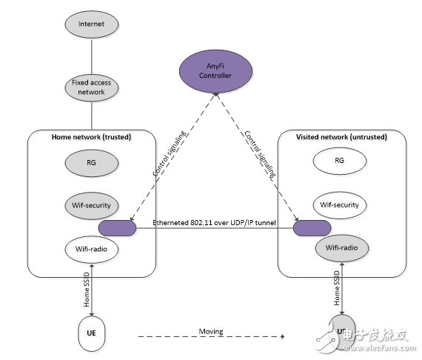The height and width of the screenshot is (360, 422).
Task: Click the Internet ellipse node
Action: (91, 24)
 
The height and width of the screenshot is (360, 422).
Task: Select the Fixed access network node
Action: (91, 87)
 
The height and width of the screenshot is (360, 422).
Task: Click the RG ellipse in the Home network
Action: (91, 161)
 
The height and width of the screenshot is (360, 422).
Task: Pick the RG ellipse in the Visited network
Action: (340, 160)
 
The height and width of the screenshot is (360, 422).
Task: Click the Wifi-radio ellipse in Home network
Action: (91, 247)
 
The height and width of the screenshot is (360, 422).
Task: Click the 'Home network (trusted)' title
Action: (90, 136)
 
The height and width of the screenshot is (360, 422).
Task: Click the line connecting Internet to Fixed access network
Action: (91, 53)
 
